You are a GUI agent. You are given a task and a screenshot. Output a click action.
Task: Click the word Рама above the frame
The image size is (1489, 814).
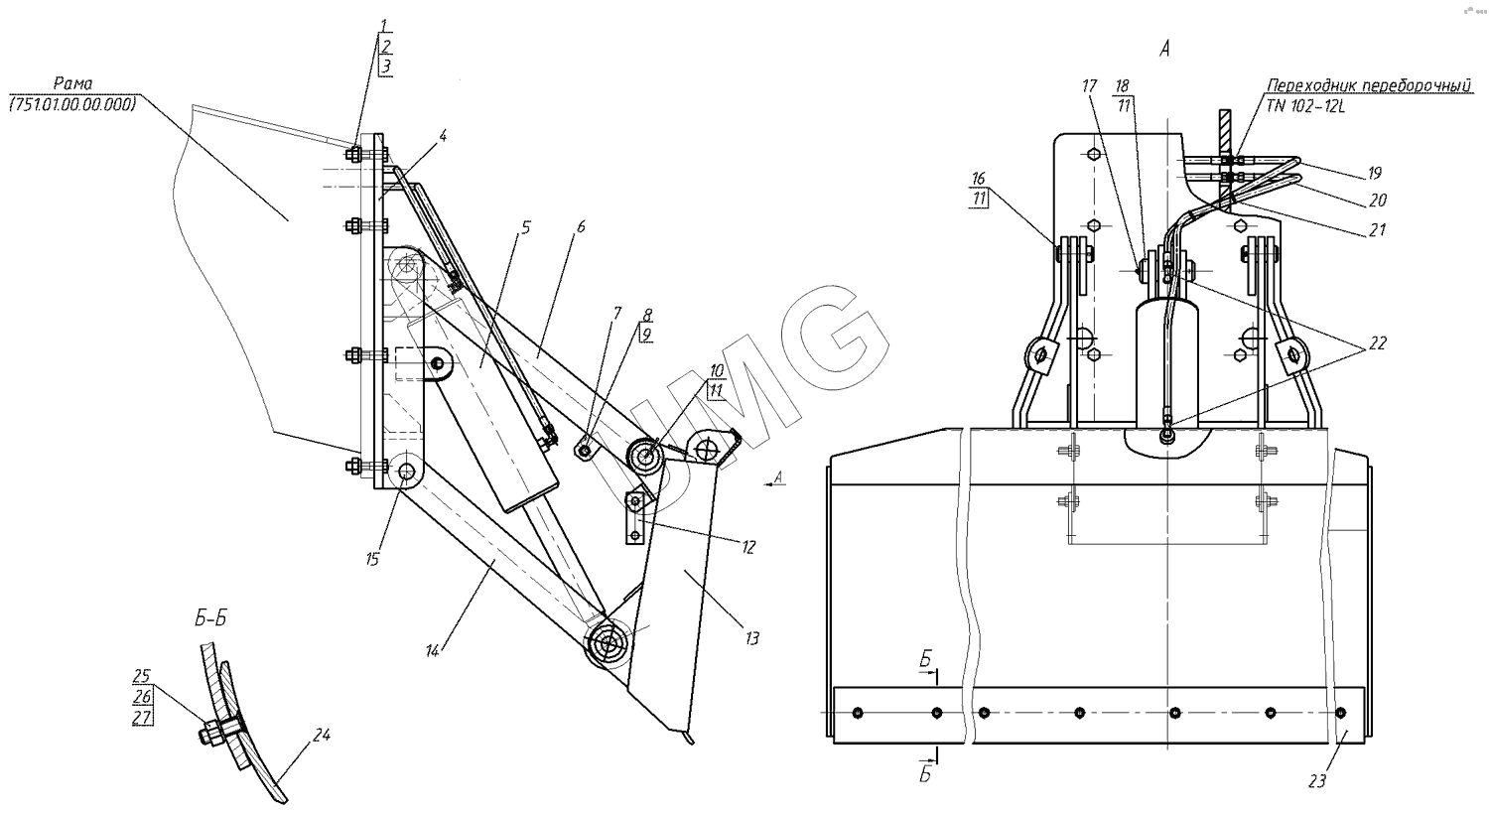pos(73,83)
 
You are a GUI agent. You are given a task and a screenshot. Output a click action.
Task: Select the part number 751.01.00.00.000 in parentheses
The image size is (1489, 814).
pos(72,104)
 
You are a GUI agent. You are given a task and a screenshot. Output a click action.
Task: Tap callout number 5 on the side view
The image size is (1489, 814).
pos(526,228)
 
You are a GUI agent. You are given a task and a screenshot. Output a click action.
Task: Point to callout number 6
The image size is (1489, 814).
pos(581,226)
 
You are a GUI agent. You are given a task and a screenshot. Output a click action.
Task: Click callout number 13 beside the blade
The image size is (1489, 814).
pos(751,638)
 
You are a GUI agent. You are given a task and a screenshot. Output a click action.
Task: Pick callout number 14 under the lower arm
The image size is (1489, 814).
pos(433,651)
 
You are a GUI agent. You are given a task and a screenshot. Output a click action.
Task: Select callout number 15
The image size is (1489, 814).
pos(372,560)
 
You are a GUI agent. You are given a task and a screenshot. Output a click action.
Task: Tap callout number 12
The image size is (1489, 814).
pos(748,548)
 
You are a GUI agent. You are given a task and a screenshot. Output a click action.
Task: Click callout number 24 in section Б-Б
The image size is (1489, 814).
pos(322,735)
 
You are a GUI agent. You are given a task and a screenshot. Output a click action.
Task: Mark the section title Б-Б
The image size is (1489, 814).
pos(210,618)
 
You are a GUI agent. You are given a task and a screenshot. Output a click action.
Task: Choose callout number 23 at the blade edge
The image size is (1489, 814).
pos(1317,781)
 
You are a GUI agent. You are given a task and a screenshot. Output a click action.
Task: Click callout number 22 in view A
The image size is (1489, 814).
pos(1378,342)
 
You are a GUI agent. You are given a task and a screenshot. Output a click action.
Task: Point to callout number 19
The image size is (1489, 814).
pos(1375,174)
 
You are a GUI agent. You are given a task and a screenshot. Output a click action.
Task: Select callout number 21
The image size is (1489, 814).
pos(1378,230)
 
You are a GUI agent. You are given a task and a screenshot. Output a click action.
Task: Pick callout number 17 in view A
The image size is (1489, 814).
pos(1089,85)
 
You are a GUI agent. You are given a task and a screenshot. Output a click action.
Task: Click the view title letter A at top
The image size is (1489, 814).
pos(1164,49)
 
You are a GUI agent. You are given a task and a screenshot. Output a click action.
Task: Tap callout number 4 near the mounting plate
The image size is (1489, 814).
pos(443,136)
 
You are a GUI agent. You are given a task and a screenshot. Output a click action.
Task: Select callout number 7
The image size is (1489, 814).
pos(616,313)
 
